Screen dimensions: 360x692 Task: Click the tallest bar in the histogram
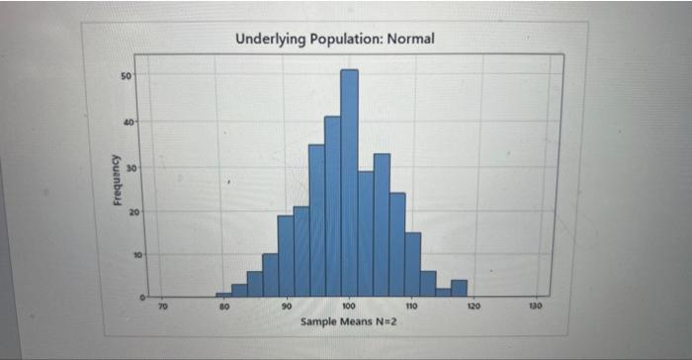(x=350, y=183)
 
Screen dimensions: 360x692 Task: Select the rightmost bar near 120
(x=459, y=288)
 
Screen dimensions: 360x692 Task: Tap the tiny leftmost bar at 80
(x=223, y=294)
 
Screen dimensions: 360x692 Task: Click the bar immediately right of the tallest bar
(x=366, y=233)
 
